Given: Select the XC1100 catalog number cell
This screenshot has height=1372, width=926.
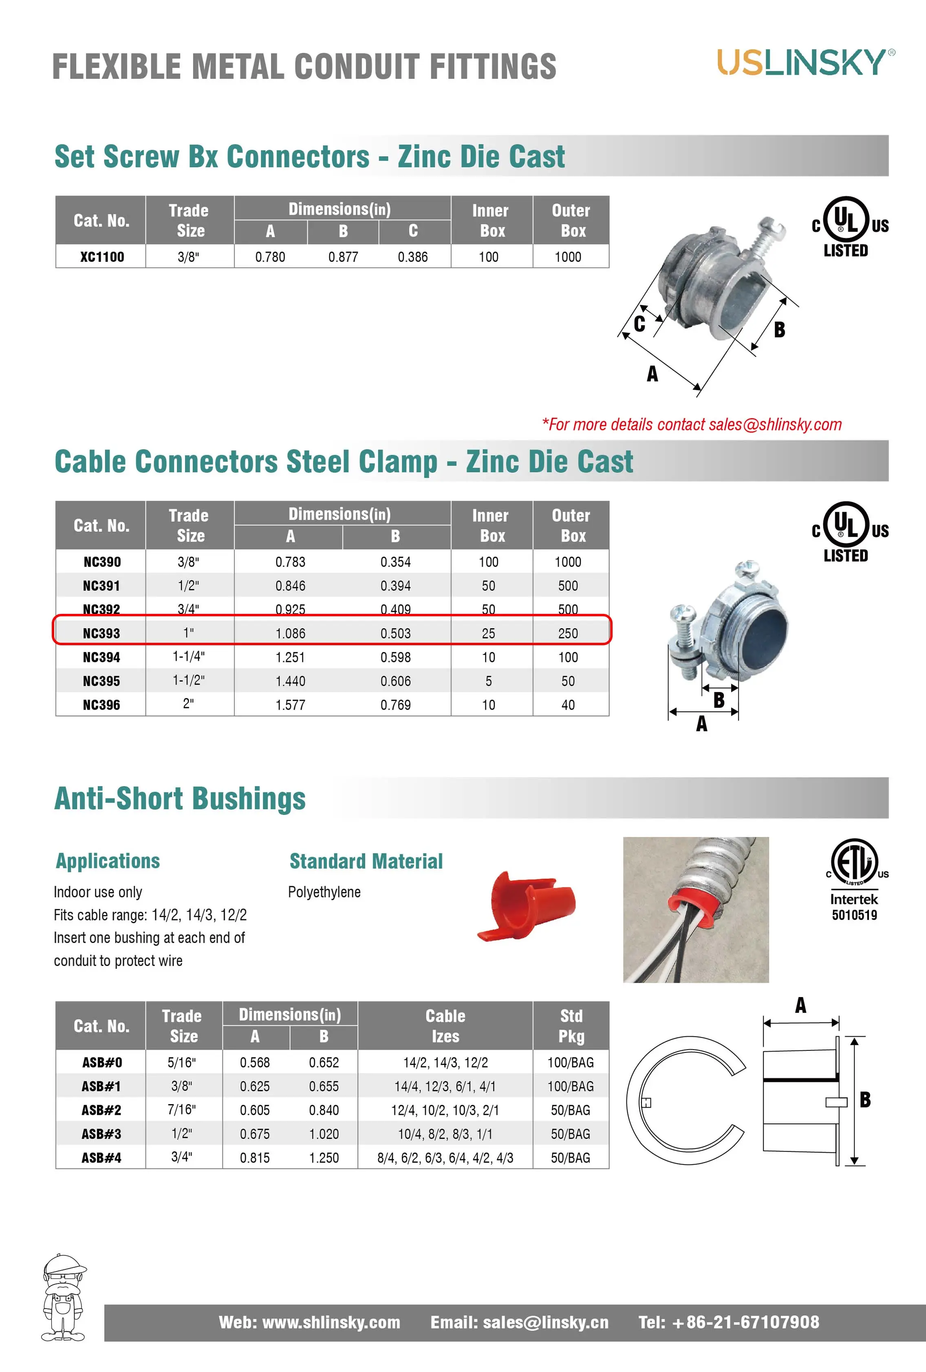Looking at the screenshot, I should [x=102, y=257].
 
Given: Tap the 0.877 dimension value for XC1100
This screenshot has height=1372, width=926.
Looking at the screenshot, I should [x=343, y=257].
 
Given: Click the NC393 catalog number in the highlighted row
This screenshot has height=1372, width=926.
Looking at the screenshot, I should [x=101, y=633].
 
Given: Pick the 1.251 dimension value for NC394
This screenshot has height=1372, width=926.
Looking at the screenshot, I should [x=290, y=657].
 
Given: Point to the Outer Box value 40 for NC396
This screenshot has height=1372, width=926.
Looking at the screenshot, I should [x=568, y=705].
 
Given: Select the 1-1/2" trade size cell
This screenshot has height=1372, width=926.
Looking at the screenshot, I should [x=188, y=681].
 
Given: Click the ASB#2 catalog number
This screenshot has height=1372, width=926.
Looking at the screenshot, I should [x=101, y=1110].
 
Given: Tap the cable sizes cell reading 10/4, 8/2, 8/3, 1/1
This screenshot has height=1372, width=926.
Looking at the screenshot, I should [x=445, y=1134].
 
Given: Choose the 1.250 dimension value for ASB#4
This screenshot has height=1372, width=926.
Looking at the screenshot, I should [x=324, y=1158].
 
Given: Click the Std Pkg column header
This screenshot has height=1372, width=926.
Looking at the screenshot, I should [x=571, y=1026].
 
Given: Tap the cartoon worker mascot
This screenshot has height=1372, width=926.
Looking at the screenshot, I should [x=63, y=1299].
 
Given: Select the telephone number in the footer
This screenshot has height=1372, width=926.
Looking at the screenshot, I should [x=728, y=1322].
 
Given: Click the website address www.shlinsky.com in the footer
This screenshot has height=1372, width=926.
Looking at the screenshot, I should [x=331, y=1322].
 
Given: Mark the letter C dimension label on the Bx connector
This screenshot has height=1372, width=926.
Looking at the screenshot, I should [x=639, y=324].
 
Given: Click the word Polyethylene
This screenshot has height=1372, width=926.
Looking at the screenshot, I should [x=324, y=892].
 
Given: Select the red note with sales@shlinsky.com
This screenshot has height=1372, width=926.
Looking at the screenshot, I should [x=692, y=424].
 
